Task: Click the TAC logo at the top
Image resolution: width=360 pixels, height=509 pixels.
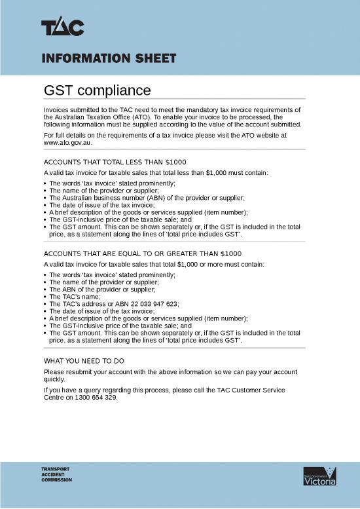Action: coord(63,28)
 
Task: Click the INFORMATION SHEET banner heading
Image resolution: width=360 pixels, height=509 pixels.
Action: coord(109,58)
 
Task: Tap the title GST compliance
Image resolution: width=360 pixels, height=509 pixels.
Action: coord(97,90)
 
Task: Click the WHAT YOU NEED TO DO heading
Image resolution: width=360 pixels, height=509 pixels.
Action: coord(84,361)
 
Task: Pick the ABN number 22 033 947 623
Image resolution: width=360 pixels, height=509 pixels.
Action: coord(149,304)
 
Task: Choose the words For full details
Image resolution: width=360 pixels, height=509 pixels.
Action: coord(65,135)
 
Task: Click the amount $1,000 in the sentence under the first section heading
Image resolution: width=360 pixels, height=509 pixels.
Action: coord(217,173)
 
